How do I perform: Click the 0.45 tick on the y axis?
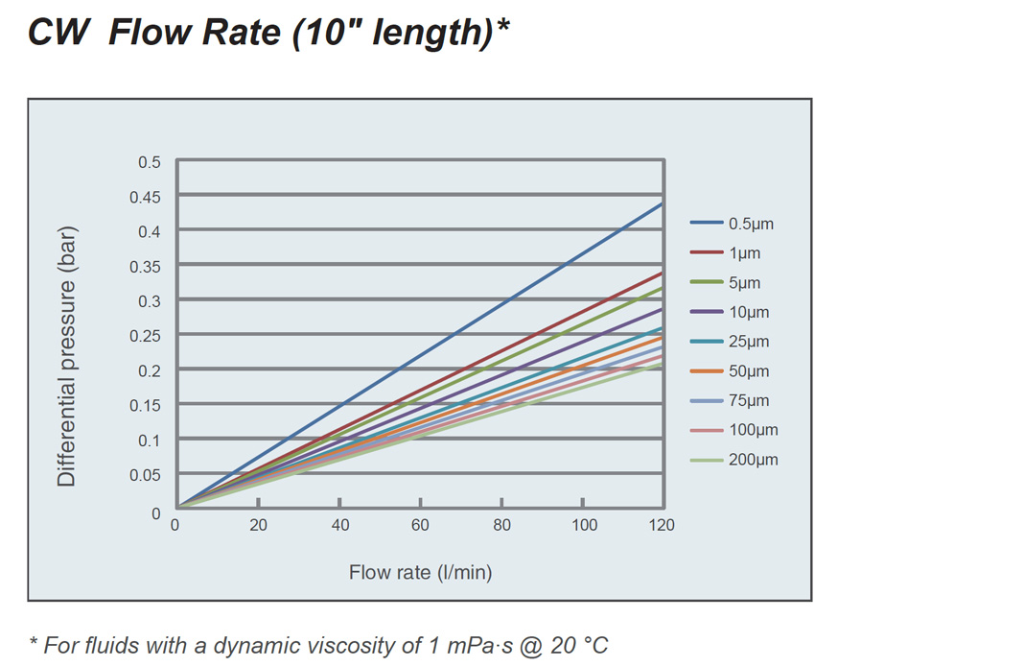tap(146, 197)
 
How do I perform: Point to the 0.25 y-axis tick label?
tap(146, 336)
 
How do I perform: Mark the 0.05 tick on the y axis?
tap(146, 475)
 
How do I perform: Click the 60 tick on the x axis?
tap(421, 525)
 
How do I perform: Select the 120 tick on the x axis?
tap(662, 525)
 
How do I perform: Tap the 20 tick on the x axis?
tap(258, 525)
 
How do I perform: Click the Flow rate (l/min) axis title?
tap(420, 573)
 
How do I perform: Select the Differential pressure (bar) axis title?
tap(66, 356)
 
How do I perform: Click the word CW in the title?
tap(59, 33)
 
